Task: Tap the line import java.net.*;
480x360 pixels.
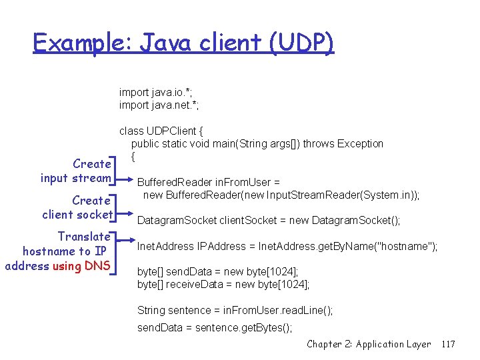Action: click(159, 105)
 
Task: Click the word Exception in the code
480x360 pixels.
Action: click(360, 143)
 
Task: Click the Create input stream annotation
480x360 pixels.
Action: click(75, 171)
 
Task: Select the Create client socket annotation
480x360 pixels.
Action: click(77, 207)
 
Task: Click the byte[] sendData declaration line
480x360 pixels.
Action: click(217, 272)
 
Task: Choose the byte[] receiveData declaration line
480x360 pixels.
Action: click(223, 285)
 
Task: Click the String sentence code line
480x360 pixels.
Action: click(235, 310)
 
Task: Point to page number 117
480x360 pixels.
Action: click(448, 344)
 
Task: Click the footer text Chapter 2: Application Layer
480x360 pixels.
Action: click(369, 344)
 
